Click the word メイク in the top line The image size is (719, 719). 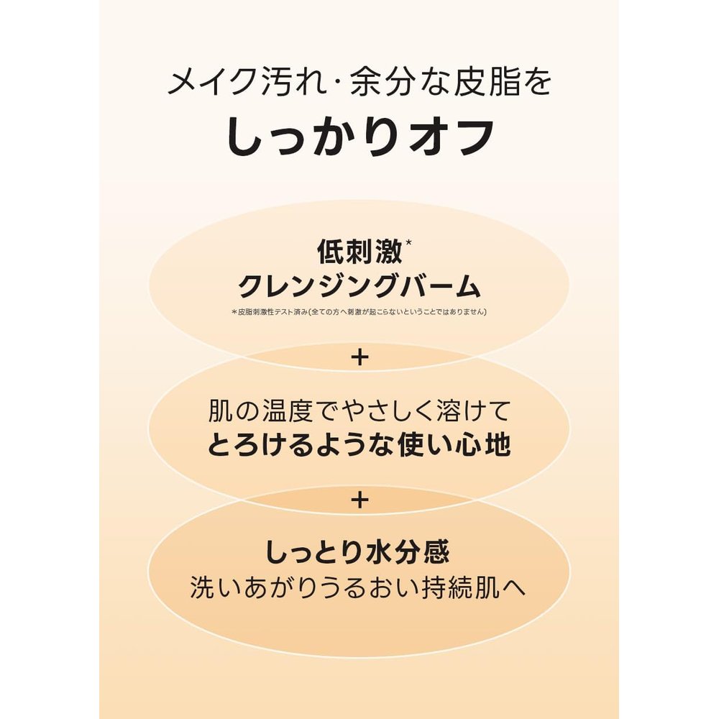point(211,83)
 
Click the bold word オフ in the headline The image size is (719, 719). point(451,137)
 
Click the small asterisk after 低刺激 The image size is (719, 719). point(408,242)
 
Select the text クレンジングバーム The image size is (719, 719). point(359,287)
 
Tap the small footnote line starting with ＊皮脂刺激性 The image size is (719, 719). point(359,312)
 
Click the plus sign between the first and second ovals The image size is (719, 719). point(359,357)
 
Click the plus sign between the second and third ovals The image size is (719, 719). point(359,500)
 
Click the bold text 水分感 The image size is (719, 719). point(408,552)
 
